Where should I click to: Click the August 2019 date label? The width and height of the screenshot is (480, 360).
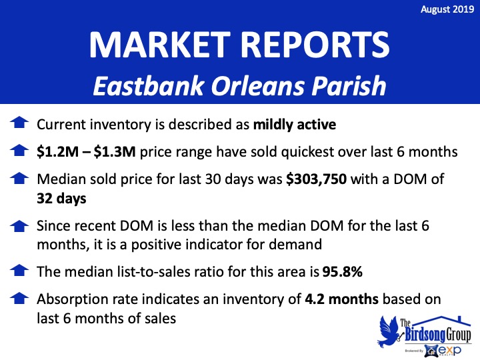coord(447,9)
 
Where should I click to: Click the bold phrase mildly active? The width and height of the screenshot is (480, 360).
coord(295,125)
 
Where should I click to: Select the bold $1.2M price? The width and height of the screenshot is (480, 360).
coord(57,152)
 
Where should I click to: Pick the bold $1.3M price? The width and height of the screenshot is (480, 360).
coord(115,152)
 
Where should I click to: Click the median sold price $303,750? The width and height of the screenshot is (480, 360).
coord(316,179)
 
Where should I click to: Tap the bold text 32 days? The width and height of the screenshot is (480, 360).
coord(61,199)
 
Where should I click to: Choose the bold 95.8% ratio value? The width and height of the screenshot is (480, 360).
coord(342,271)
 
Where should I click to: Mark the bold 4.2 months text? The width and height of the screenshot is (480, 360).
coord(341,299)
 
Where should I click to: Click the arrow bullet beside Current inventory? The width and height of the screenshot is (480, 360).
coord(19,123)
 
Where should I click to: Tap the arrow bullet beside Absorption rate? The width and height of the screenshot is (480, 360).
coord(19,298)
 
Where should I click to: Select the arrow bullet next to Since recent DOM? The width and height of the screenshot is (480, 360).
coord(19,226)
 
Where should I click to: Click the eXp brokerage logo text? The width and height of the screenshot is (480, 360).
coord(449,350)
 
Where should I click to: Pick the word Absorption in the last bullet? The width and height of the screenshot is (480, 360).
coord(73,300)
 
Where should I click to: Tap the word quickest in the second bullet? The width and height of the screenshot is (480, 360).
coord(307,153)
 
